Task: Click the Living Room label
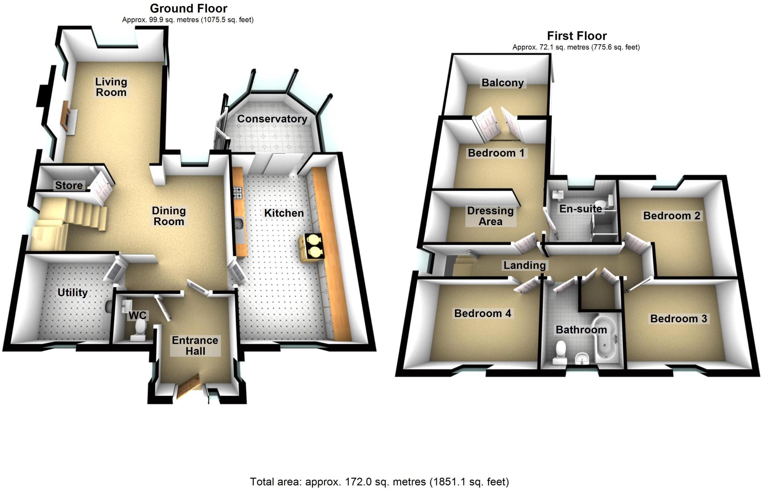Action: (x=111, y=87)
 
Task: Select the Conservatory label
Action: (x=272, y=119)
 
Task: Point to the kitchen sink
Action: (x=239, y=226)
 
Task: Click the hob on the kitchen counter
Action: (x=237, y=192)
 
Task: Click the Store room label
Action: (x=69, y=185)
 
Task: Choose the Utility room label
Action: (x=72, y=293)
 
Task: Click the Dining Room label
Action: (x=169, y=216)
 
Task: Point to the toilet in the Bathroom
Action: (x=559, y=352)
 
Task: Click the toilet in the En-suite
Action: (x=609, y=203)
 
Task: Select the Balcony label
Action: (x=502, y=83)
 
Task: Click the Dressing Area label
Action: (x=490, y=216)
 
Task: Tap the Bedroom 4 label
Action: (x=483, y=313)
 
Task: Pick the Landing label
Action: (x=524, y=265)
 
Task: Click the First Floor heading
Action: (x=576, y=36)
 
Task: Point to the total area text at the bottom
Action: (x=379, y=482)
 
